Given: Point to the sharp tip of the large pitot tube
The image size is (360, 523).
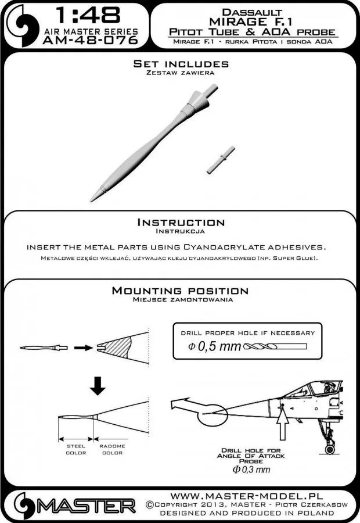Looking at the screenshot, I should coord(95,201).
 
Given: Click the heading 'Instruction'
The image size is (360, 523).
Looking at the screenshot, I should coord(180,223).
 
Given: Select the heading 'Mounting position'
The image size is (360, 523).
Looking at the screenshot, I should coord(180,291).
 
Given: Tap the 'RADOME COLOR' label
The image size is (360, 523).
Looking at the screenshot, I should coord(111,450).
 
